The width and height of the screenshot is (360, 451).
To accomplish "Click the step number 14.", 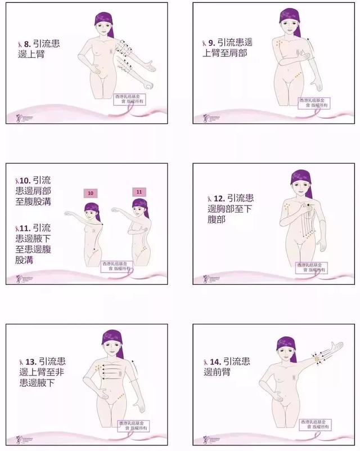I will (x=214, y=361).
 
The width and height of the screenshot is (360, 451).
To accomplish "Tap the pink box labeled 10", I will (x=91, y=193).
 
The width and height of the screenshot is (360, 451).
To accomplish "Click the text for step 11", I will (x=33, y=245).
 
